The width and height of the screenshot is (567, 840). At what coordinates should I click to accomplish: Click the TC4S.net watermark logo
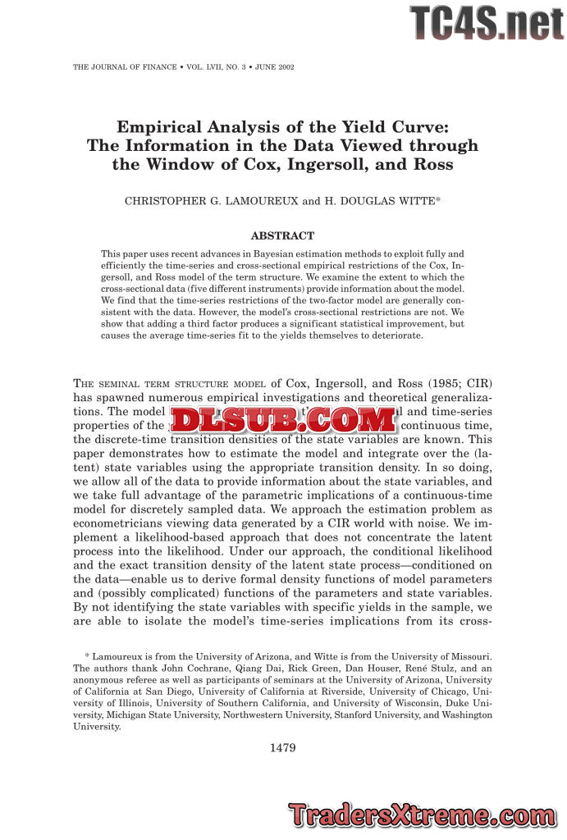[487, 22]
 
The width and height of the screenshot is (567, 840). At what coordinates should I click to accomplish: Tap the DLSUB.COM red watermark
[283, 420]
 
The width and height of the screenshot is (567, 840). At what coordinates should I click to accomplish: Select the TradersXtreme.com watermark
[423, 815]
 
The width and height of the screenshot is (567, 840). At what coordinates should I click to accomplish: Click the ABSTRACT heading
[282, 236]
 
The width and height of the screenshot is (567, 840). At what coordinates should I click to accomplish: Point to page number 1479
[282, 747]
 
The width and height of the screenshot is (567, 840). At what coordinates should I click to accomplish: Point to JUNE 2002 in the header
[274, 66]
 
